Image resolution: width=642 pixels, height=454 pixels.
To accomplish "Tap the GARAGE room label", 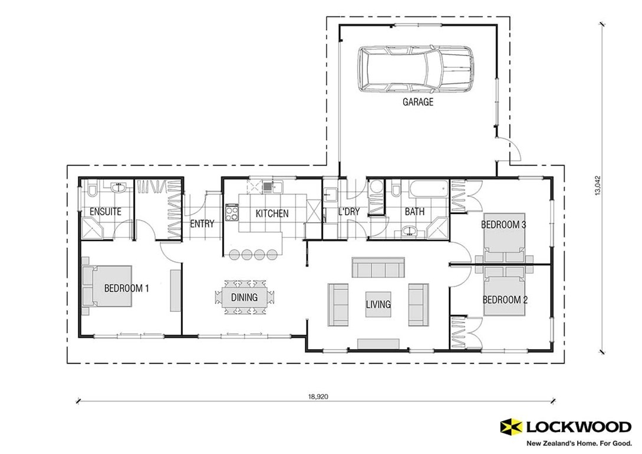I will [x=417, y=102].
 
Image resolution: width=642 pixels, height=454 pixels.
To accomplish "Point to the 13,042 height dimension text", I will [x=598, y=186].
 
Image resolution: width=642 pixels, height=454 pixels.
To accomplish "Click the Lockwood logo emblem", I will [x=511, y=426].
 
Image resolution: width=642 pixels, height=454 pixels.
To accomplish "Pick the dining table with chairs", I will [x=244, y=297].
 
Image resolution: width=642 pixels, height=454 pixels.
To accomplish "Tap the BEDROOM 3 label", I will [x=503, y=225].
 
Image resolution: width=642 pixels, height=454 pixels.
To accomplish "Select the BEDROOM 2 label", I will [x=505, y=300].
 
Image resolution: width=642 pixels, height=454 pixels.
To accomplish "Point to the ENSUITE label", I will [x=106, y=212].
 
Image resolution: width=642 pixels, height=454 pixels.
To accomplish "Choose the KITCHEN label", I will [x=272, y=213].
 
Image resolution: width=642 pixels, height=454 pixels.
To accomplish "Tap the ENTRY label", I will [x=202, y=224].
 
